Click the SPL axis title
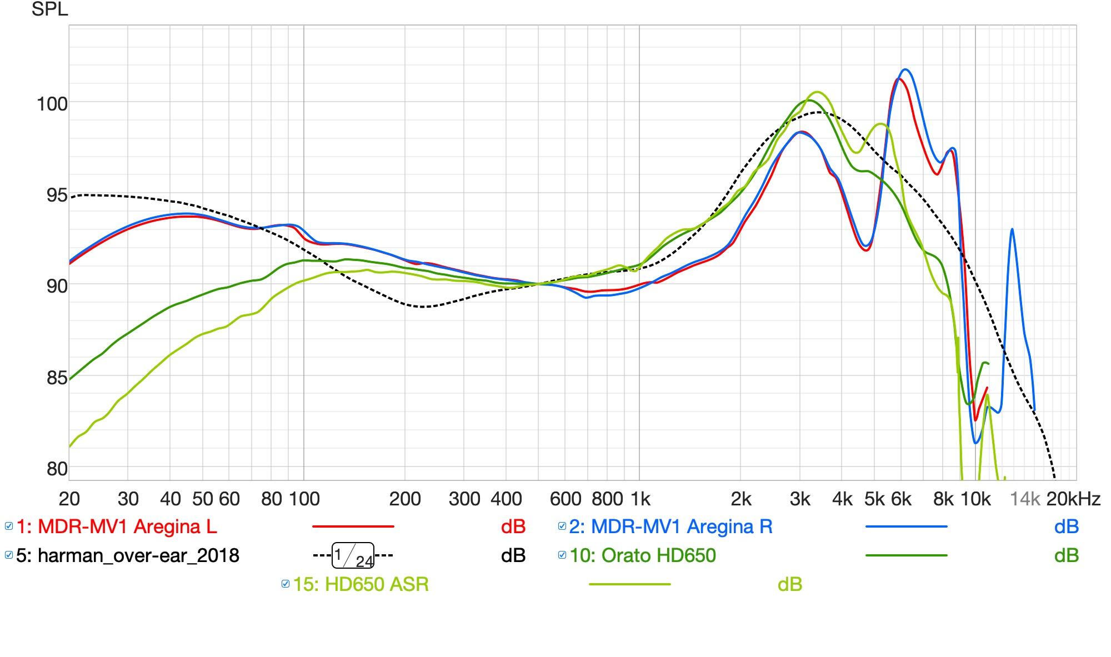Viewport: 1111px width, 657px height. tap(49, 9)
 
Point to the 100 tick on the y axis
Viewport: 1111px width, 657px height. tap(52, 104)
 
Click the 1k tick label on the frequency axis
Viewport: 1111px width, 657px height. tap(640, 499)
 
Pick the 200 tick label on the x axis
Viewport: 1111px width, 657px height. tap(404, 499)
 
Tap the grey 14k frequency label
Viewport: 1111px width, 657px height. tap(1024, 499)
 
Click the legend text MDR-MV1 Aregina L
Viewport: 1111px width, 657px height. tap(117, 526)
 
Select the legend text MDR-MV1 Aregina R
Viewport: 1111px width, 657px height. tap(670, 526)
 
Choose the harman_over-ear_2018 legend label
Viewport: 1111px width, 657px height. tap(128, 555)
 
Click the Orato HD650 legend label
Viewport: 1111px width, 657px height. tap(643, 555)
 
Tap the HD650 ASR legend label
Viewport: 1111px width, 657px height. tap(361, 584)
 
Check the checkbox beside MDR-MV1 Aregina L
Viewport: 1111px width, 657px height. tap(9, 526)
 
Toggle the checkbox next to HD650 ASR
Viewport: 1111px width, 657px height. tap(286, 584)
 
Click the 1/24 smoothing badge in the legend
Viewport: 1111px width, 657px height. tap(353, 556)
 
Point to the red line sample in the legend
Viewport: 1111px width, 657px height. tap(353, 526)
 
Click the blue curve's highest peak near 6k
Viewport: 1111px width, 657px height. tap(905, 69)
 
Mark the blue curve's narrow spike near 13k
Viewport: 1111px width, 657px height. tap(1012, 229)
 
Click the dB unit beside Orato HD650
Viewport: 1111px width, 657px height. tap(1066, 555)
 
